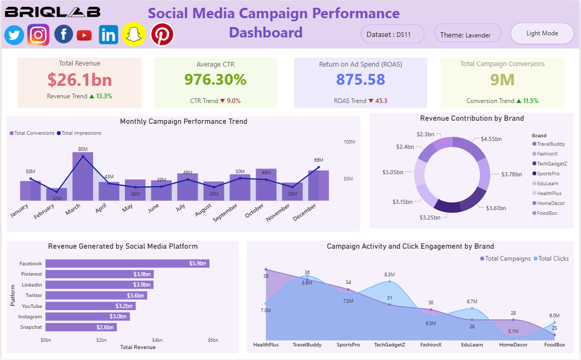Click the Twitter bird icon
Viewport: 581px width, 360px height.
click(x=14, y=35)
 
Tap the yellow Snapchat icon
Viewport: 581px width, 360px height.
click(x=134, y=35)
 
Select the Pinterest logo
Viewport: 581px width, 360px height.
click(x=162, y=35)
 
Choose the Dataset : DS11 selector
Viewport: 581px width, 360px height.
click(x=392, y=35)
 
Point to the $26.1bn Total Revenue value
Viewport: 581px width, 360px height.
click(x=80, y=80)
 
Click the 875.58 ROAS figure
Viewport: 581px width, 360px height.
click(x=360, y=80)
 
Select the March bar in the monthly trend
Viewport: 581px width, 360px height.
click(x=83, y=176)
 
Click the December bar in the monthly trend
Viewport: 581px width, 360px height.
click(x=318, y=185)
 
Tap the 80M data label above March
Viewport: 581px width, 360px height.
click(x=83, y=149)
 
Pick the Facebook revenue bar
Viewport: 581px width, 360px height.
click(x=127, y=264)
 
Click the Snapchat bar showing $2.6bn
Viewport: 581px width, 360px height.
click(x=81, y=327)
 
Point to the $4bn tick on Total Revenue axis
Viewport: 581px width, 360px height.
click(x=157, y=340)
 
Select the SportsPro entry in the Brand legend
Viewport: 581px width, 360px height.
click(x=548, y=174)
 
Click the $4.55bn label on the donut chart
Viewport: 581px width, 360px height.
click(x=491, y=139)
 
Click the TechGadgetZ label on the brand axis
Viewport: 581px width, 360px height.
click(x=389, y=344)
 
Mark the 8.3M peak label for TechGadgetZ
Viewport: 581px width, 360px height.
click(x=389, y=274)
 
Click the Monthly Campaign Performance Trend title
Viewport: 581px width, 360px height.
click(x=183, y=122)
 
